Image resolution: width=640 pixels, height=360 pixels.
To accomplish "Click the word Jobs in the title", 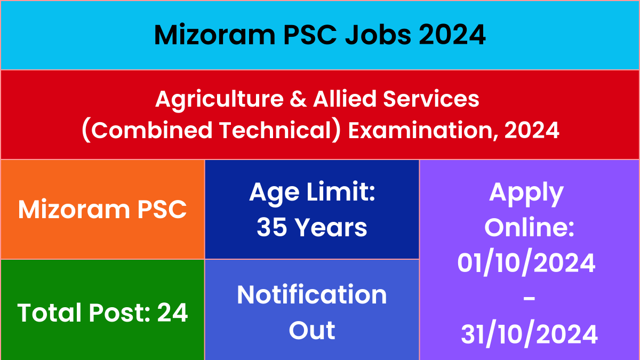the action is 378,35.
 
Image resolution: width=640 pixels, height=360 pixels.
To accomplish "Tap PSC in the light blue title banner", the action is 310,35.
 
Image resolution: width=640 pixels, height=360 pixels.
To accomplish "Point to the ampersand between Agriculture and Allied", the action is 298,99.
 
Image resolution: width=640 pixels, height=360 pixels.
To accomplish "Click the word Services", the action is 431,99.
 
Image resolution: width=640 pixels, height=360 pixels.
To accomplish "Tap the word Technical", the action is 275,130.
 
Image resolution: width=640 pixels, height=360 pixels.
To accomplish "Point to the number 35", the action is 271,227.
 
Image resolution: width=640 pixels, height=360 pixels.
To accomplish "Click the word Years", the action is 331,227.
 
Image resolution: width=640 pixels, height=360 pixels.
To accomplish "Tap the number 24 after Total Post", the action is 172,313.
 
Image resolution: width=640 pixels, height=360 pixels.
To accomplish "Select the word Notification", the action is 311,295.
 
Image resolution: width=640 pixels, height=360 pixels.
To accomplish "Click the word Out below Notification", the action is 311,331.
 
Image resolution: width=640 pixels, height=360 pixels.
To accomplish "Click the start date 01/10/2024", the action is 526,262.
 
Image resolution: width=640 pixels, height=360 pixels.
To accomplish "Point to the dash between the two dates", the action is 529,299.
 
